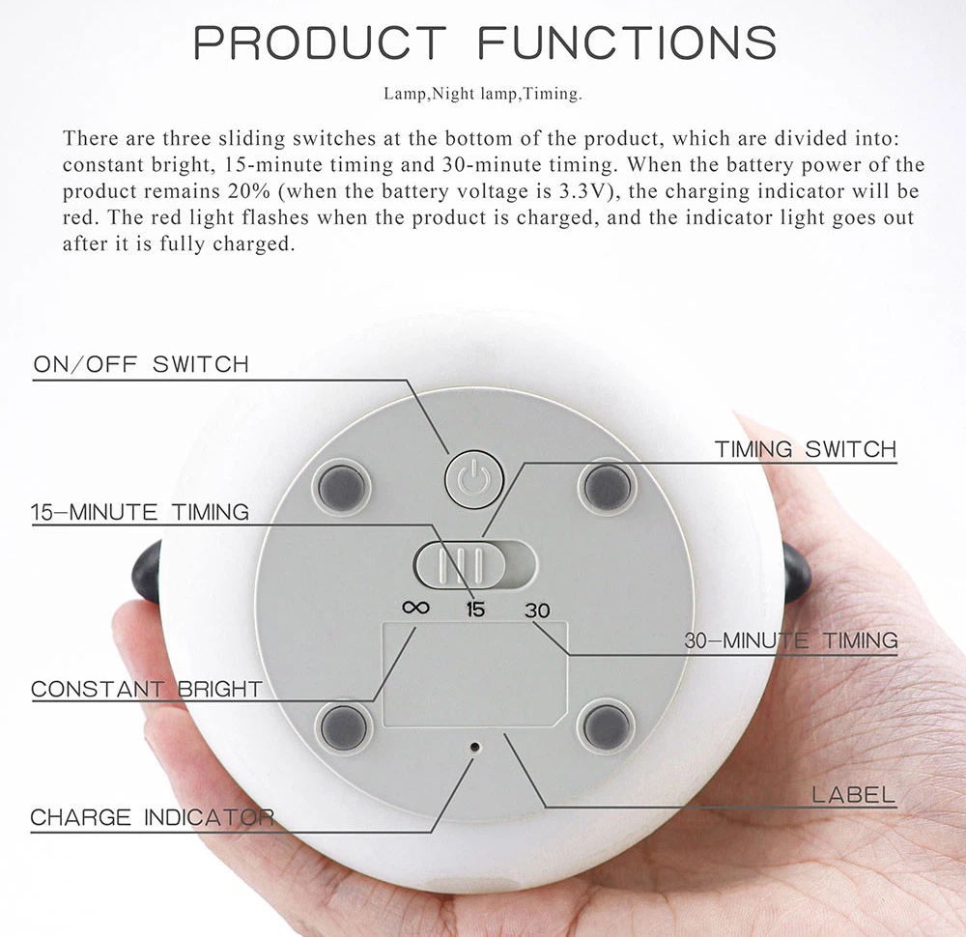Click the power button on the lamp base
pyautogui.click(x=471, y=477)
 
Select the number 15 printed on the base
pyautogui.click(x=474, y=610)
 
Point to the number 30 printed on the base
pyautogui.click(x=537, y=610)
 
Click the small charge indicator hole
pyautogui.click(x=474, y=747)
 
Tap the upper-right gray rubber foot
pyautogui.click(x=608, y=485)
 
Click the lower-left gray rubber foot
pyautogui.click(x=343, y=726)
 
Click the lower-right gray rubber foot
pyautogui.click(x=608, y=726)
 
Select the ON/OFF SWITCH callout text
pyautogui.click(x=141, y=365)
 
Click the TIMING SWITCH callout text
pyautogui.click(x=806, y=449)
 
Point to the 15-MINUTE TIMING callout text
pyautogui.click(x=140, y=512)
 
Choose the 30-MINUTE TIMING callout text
pyautogui.click(x=791, y=639)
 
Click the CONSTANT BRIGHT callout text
pyautogui.click(x=147, y=690)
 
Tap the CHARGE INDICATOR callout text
pyautogui.click(x=152, y=817)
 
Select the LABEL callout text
pyautogui.click(x=854, y=796)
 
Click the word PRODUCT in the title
pyautogui.click(x=321, y=43)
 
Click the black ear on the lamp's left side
pyautogui.click(x=148, y=572)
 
